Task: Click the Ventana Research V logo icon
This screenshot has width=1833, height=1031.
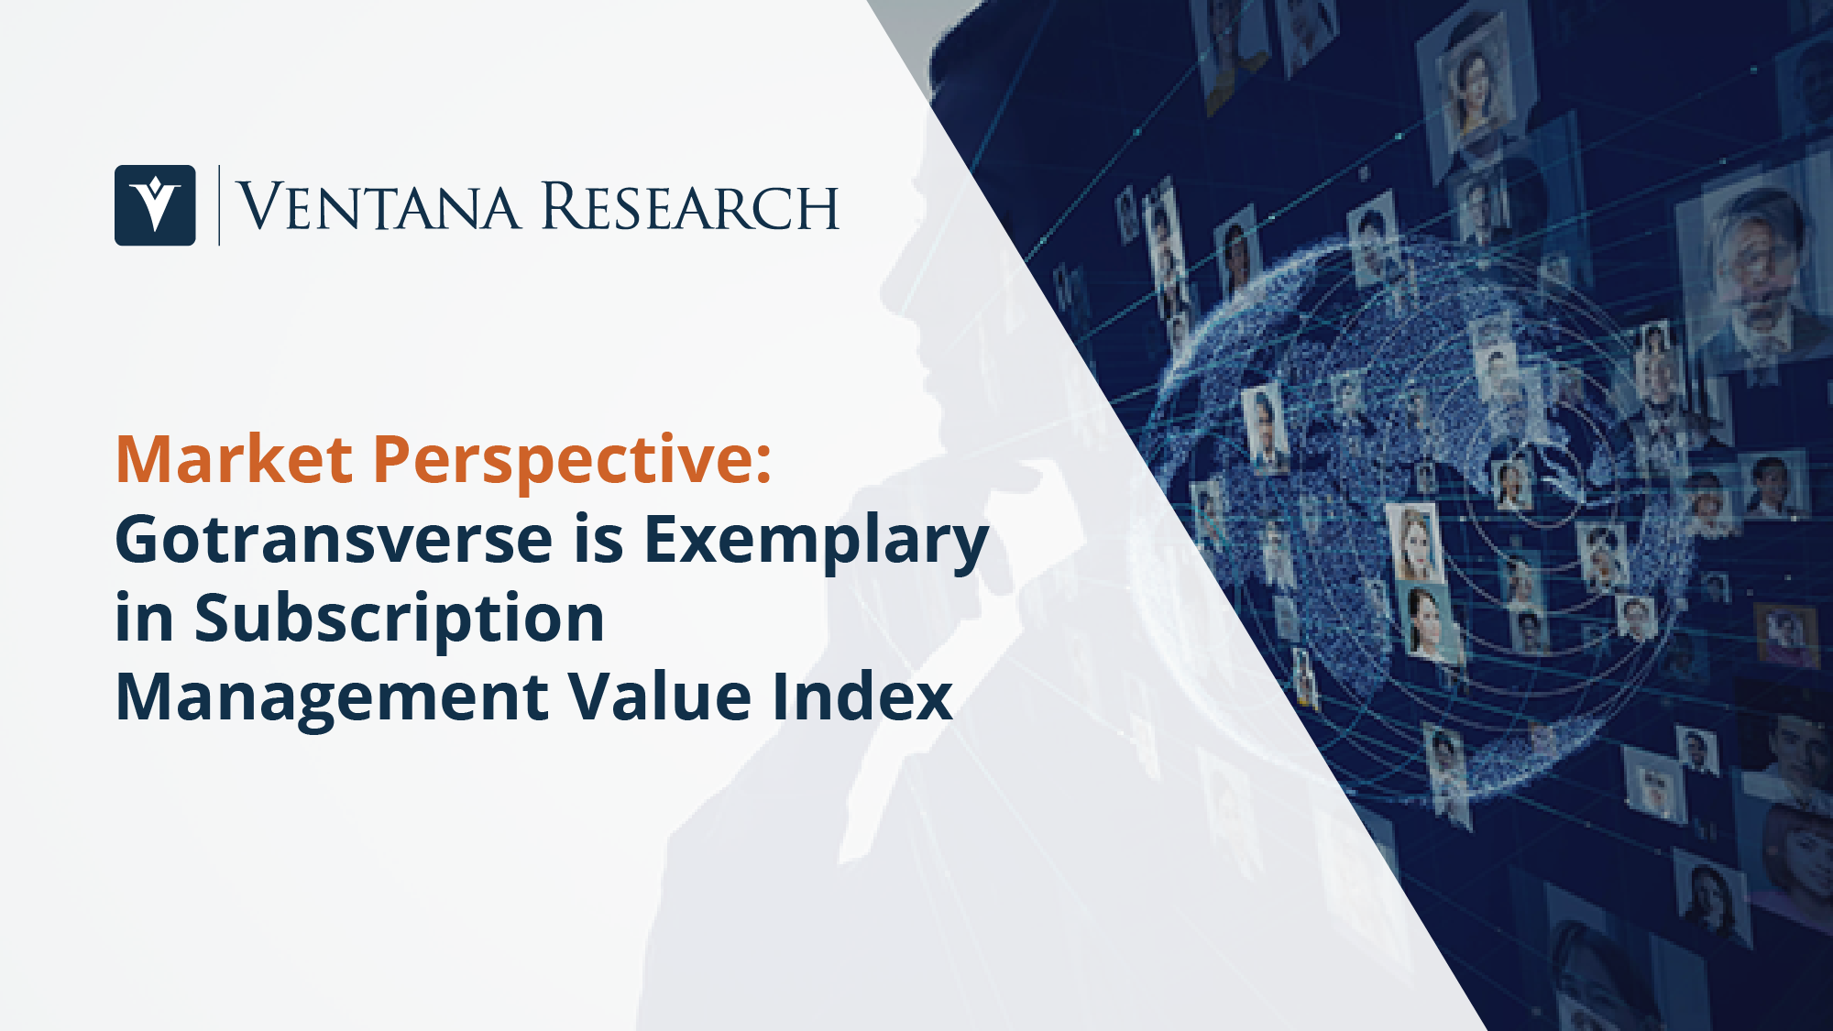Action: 155,205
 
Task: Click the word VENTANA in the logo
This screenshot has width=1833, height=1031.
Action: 379,206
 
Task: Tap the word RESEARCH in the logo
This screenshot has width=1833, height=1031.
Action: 690,206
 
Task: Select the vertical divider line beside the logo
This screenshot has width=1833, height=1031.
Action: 219,205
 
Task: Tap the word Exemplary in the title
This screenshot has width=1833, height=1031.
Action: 817,543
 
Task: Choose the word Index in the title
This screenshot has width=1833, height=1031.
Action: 862,696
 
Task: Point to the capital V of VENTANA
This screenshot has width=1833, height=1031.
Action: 259,206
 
